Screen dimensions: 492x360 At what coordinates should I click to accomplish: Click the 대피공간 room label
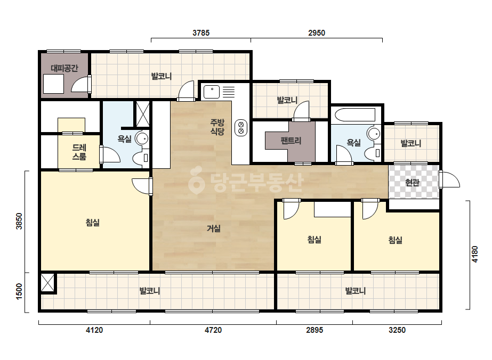[x=64, y=68]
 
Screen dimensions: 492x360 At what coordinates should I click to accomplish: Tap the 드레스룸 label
[x=79, y=152]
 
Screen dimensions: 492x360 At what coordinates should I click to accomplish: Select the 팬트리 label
[x=291, y=140]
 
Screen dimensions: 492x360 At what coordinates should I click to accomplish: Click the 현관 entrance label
[x=412, y=182]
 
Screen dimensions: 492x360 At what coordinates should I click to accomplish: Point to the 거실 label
[x=213, y=228]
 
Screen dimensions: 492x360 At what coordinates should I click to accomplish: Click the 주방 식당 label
[x=217, y=127]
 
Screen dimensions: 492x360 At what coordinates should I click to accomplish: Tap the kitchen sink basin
[x=212, y=92]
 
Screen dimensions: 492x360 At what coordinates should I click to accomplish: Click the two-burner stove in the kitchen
[x=241, y=128]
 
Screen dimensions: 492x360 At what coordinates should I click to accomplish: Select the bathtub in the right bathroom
[x=355, y=115]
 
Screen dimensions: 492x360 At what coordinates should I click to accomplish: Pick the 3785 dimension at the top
[x=201, y=32]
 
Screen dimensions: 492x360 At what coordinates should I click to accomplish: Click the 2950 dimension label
[x=317, y=32]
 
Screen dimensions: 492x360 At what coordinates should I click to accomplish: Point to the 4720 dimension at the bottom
[x=213, y=330]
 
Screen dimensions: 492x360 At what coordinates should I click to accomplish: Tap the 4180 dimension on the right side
[x=475, y=255]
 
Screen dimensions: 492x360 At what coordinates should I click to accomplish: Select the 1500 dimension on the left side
[x=19, y=291]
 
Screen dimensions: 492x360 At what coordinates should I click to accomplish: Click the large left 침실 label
[x=93, y=222]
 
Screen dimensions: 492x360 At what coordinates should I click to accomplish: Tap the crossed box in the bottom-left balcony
[x=47, y=283]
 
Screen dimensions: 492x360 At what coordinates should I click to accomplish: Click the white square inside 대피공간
[x=54, y=84]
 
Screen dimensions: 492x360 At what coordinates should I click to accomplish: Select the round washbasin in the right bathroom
[x=374, y=134]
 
